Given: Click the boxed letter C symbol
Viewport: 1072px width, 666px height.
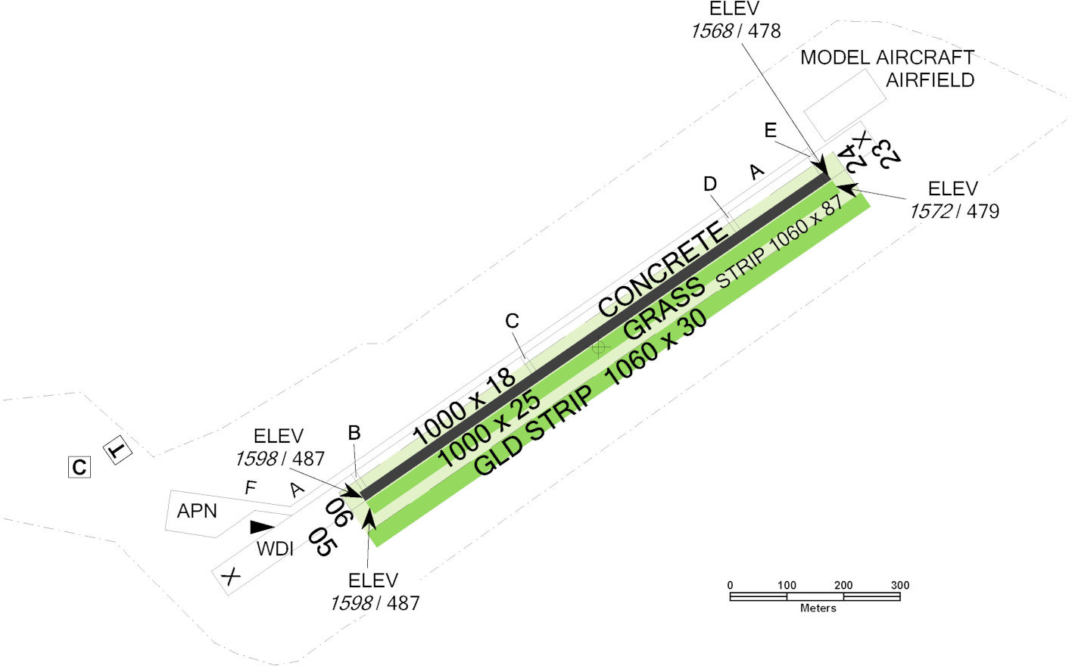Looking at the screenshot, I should (79, 468).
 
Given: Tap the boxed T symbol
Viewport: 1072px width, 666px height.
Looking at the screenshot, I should (117, 451).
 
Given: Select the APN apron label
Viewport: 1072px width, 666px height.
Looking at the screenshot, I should (197, 512).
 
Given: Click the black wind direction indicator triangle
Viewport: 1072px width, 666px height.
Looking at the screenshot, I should (262, 527).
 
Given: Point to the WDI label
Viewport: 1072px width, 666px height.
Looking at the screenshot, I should (275, 549).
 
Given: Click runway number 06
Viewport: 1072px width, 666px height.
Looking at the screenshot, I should (338, 512).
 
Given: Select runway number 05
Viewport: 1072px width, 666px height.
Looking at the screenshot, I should (321, 542).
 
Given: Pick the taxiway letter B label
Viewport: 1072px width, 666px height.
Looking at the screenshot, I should (354, 433).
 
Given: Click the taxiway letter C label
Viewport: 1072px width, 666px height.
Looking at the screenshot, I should (513, 322).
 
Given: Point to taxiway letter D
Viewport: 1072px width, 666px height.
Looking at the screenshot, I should (710, 184).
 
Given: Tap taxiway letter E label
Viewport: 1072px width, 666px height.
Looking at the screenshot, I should (771, 131).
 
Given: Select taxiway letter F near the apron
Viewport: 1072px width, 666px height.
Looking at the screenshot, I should (251, 488).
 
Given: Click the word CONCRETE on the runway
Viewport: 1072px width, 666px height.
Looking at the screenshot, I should (663, 269).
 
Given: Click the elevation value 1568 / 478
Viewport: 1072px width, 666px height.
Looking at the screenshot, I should (735, 31).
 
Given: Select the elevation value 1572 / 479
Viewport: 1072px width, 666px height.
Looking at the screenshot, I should (954, 212).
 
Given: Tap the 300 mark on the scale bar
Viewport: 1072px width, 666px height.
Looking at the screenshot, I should (900, 585).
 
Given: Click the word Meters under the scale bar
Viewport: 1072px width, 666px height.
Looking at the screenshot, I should (818, 608).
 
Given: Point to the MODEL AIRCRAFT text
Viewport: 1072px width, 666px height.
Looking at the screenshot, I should (887, 58).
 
